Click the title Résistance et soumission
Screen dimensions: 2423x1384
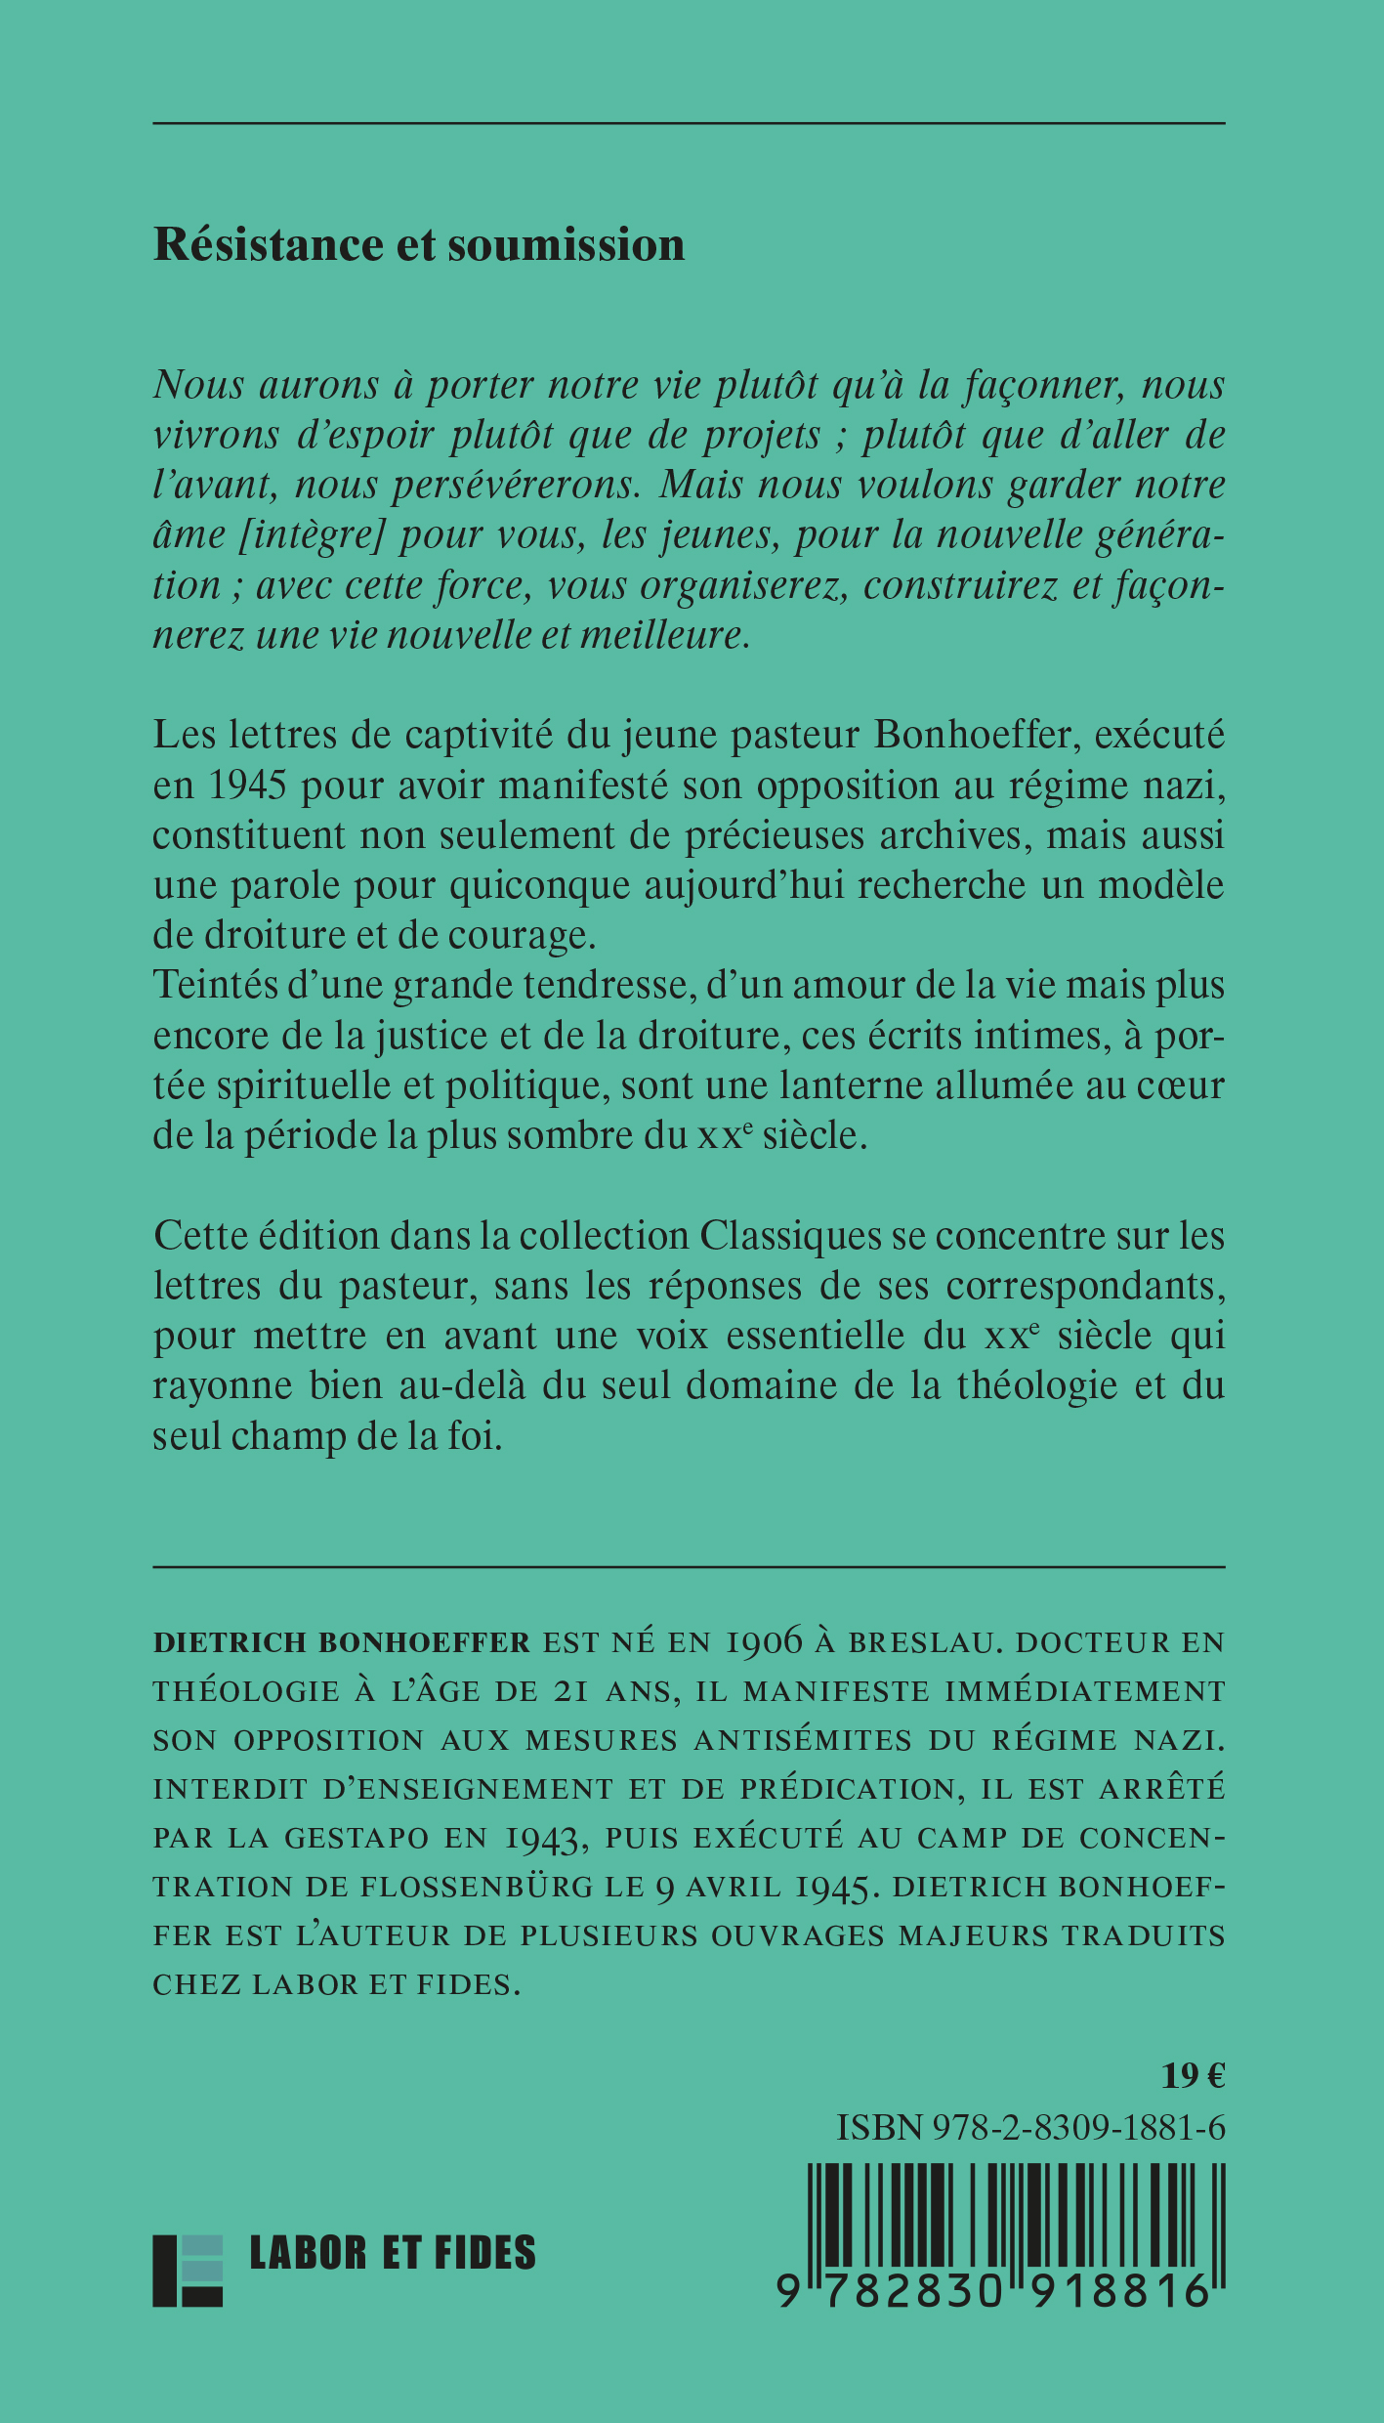pyautogui.click(x=419, y=244)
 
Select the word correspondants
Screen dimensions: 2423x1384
pyautogui.click(x=1085, y=1286)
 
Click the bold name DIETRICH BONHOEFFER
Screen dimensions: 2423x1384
pyautogui.click(x=341, y=1642)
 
